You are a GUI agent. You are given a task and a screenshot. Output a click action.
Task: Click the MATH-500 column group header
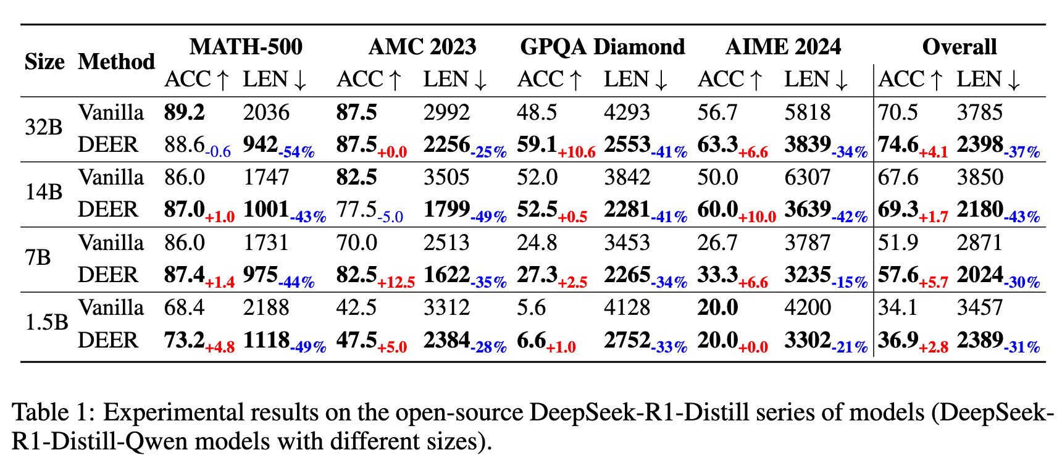[x=246, y=47]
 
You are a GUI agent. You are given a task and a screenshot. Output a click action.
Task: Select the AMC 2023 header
[x=422, y=47]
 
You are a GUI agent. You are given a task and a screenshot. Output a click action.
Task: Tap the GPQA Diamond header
[x=603, y=47]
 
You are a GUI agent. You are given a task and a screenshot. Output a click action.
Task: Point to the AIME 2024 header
[x=783, y=47]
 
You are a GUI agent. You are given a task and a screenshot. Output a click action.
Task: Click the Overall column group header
[x=959, y=47]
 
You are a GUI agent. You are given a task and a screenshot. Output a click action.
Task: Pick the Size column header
[x=44, y=62]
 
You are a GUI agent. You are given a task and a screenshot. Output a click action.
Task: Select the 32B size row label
[x=44, y=128]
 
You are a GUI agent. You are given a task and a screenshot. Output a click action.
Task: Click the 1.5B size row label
[x=46, y=323]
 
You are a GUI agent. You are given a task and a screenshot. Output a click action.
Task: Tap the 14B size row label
[x=44, y=193]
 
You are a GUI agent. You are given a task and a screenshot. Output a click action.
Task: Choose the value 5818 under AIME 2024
[x=808, y=112]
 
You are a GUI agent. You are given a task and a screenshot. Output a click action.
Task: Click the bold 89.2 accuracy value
[x=184, y=112]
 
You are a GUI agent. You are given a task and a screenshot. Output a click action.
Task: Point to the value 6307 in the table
[x=808, y=178]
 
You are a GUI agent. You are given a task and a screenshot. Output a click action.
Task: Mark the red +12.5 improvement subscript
[x=396, y=283]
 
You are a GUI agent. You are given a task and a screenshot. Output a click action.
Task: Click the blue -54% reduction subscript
[x=296, y=152]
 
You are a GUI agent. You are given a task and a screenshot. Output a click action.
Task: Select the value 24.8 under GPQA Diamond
[x=537, y=243]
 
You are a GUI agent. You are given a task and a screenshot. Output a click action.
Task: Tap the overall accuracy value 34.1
[x=898, y=307]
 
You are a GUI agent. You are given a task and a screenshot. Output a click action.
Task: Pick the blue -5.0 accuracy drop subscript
[x=390, y=217]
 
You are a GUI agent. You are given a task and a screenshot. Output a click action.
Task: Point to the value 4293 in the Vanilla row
[x=627, y=112]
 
